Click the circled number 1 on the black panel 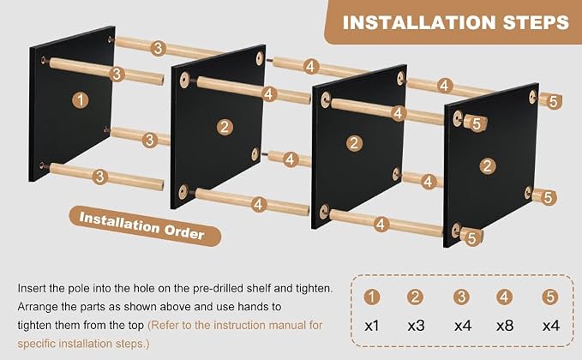pos(81,100)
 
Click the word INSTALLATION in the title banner pos(419,22)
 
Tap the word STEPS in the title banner pos(536,22)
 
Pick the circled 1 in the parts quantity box pos(371,297)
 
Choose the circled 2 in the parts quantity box pos(415,297)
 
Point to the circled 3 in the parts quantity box pos(461,297)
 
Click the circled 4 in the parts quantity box pos(504,297)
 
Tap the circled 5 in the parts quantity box pos(550,297)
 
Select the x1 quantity pos(371,326)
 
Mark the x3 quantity pos(416,326)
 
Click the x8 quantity pos(505,326)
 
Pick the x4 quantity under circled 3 pos(463,326)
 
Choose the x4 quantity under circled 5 pos(551,326)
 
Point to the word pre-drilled pos(219,289)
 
